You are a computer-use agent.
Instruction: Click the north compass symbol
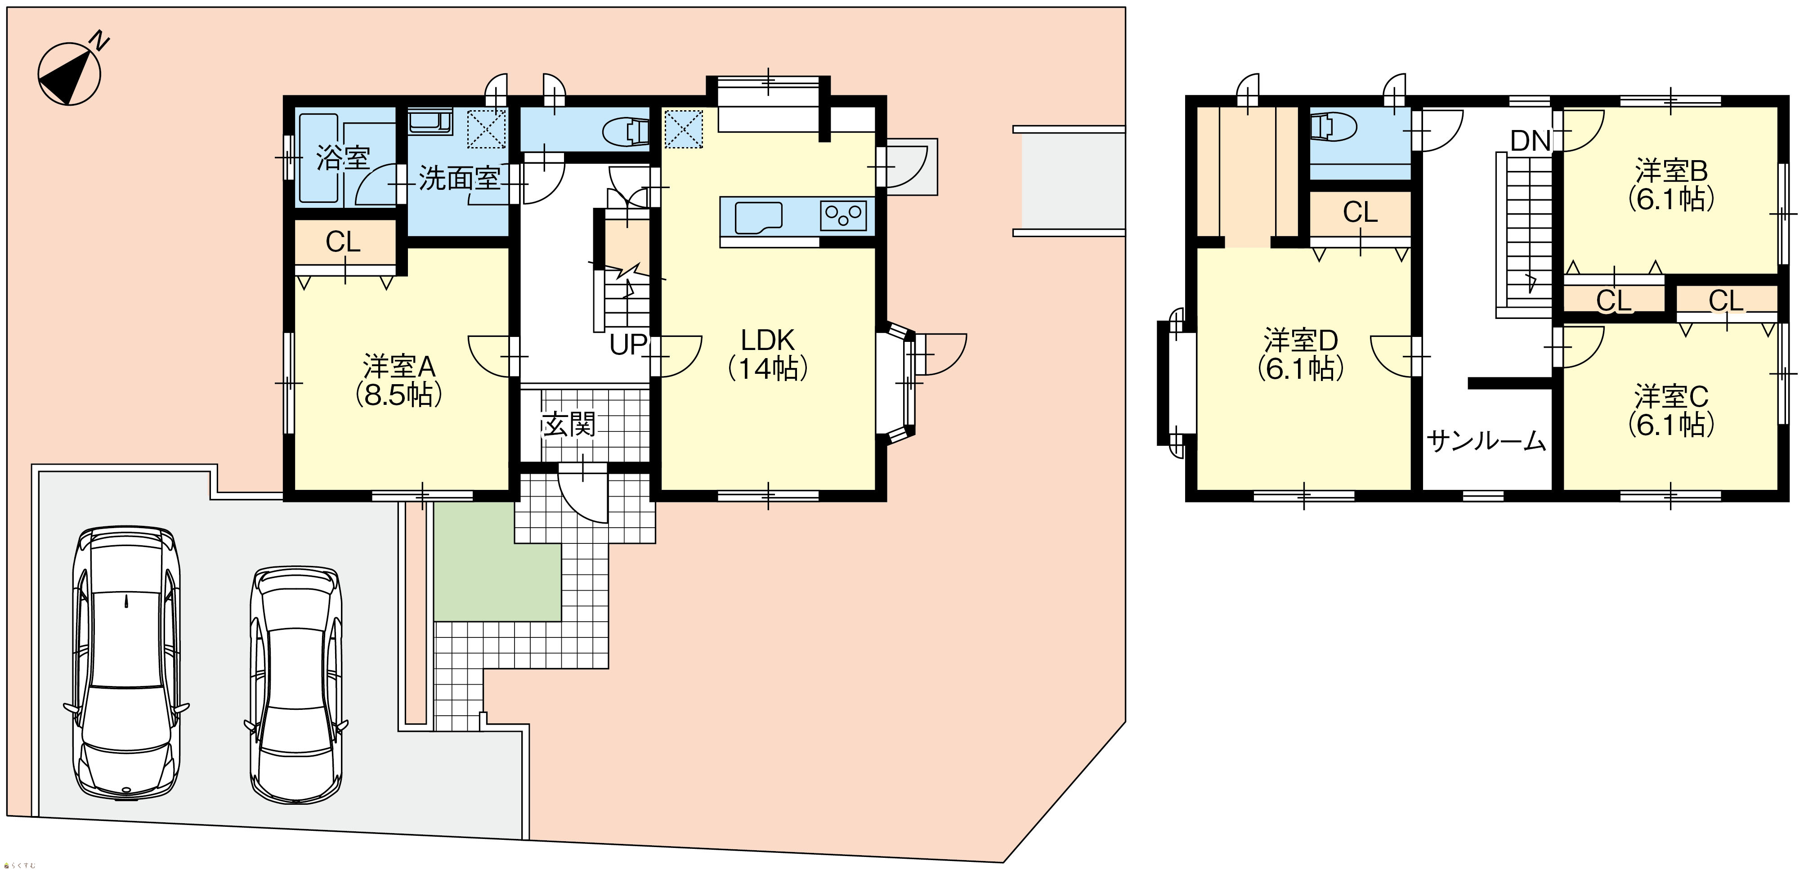[x=70, y=73]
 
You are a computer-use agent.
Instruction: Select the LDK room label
[x=768, y=341]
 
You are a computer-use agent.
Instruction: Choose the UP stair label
[x=627, y=344]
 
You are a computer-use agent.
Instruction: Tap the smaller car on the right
[x=297, y=684]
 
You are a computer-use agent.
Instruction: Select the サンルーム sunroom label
[x=1486, y=440]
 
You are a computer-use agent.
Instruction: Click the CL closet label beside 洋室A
[x=343, y=242]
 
